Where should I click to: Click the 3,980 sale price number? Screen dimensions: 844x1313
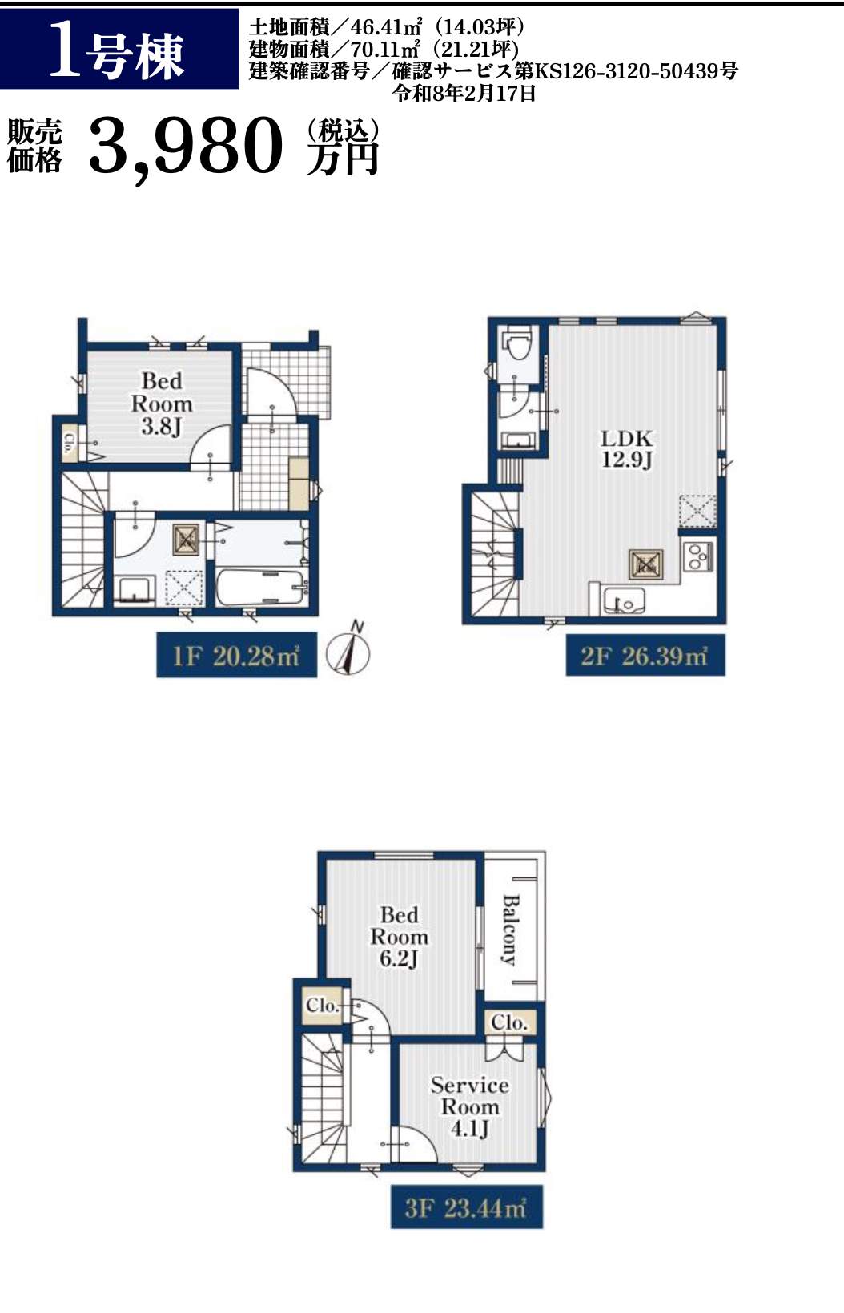186,147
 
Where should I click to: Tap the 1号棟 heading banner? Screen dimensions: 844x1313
119,49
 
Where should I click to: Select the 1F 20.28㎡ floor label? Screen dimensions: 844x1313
236,655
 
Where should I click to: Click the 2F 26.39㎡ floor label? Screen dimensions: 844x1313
645,656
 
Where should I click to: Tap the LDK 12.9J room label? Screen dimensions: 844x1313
626,449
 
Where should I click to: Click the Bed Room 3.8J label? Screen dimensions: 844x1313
161,404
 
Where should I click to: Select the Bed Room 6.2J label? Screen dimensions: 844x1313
399,936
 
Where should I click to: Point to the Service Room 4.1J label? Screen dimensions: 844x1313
470,1106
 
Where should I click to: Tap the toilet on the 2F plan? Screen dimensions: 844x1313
518,342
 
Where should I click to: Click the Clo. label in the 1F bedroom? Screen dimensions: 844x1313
69,443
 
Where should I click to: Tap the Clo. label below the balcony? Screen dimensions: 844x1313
508,1022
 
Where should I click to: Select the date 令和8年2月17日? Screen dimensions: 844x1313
464,93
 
